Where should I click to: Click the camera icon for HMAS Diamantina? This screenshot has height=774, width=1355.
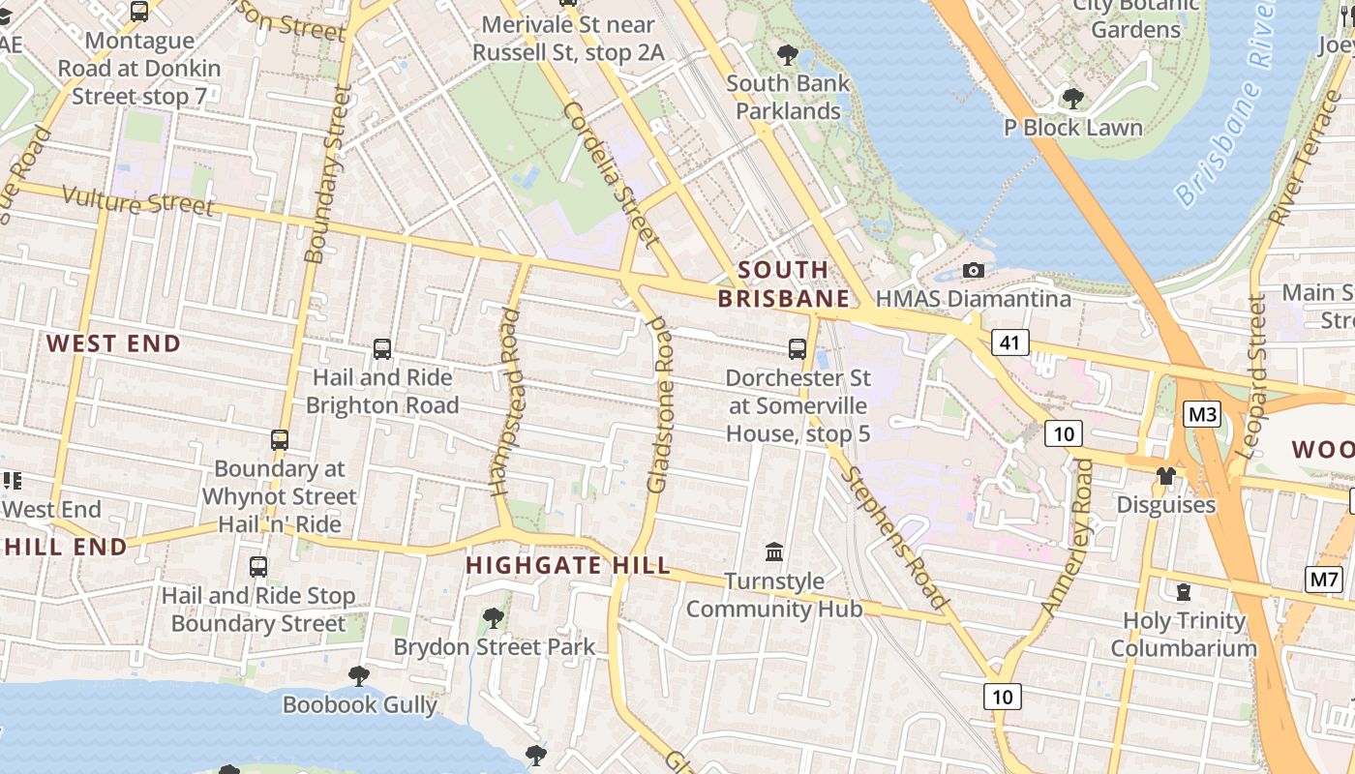tap(974, 270)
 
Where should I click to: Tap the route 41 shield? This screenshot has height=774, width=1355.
tap(1009, 342)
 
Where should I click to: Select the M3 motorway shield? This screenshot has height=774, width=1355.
tap(1202, 415)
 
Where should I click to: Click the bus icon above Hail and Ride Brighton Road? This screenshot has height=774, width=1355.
tap(382, 349)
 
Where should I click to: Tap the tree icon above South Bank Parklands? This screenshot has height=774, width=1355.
tap(788, 54)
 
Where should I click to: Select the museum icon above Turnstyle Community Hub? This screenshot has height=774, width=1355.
tap(774, 552)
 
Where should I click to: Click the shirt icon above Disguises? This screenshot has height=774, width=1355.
tap(1165, 476)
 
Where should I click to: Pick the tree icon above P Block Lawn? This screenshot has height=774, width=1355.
tap(1072, 99)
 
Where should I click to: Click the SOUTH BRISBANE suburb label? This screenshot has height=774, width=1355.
tap(783, 283)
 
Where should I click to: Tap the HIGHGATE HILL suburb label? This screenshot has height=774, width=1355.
tap(568, 565)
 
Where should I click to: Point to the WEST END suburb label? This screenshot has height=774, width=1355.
tap(113, 343)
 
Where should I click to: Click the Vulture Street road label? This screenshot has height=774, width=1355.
tap(137, 201)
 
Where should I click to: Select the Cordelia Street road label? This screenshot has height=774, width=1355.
tap(611, 174)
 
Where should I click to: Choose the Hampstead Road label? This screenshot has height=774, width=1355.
tap(506, 402)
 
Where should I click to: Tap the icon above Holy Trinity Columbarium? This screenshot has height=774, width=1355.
tap(1183, 591)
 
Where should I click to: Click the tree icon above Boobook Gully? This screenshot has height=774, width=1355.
tap(359, 675)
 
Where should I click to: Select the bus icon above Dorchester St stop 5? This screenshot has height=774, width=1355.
tap(798, 349)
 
